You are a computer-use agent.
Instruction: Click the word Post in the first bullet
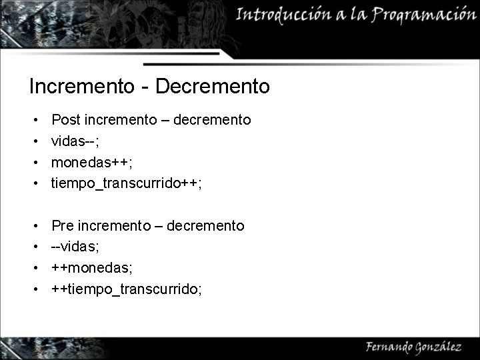65,120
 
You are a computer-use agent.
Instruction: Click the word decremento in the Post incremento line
212,120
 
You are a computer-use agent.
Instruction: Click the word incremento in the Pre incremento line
115,226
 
